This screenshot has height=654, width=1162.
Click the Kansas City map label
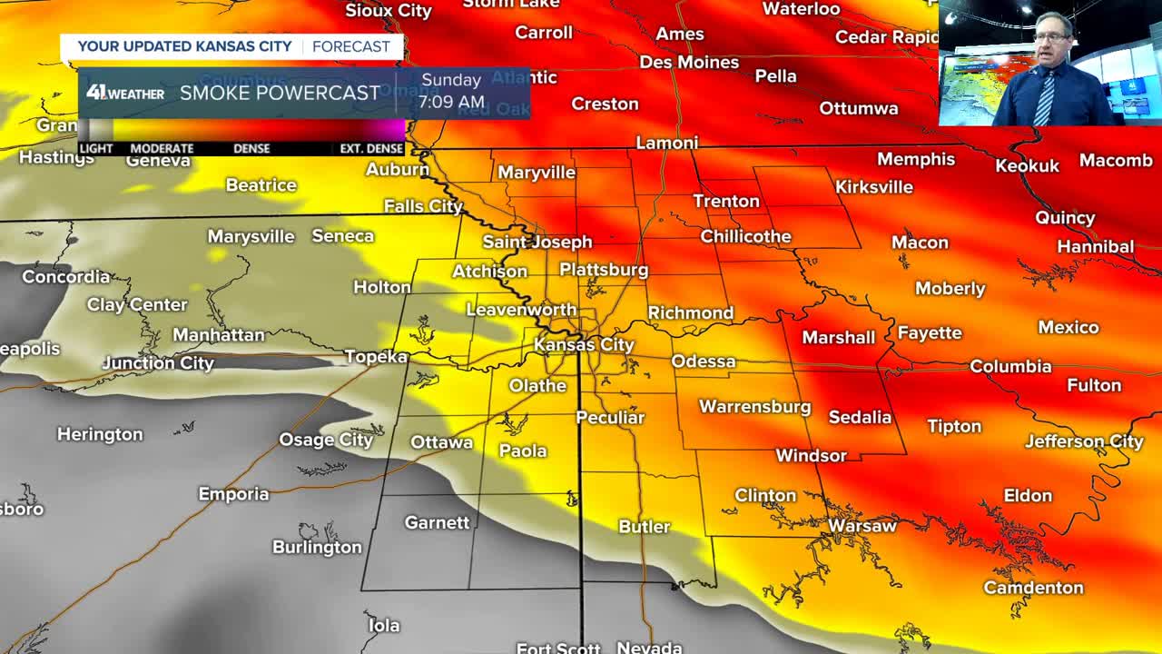click(x=584, y=344)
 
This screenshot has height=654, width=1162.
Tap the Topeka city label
click(x=376, y=357)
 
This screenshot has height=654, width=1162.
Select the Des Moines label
click(x=689, y=62)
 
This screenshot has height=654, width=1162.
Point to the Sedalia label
click(x=860, y=417)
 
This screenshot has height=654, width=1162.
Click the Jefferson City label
click(x=1084, y=441)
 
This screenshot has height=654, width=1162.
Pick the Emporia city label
click(x=234, y=494)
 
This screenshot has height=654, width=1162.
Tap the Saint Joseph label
click(x=537, y=242)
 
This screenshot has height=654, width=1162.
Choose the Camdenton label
click(x=1033, y=588)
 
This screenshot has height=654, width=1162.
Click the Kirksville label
click(x=873, y=186)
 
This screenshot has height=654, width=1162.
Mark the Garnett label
click(x=437, y=522)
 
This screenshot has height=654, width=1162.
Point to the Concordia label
click(x=65, y=276)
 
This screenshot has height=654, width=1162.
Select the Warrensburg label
click(x=754, y=406)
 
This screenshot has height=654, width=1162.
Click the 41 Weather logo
click(x=125, y=93)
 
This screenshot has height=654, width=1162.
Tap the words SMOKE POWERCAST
click(x=280, y=93)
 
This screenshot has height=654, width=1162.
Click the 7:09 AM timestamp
click(x=451, y=102)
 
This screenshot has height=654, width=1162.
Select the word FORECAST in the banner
click(x=350, y=46)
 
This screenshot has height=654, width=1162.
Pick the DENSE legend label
click(x=251, y=148)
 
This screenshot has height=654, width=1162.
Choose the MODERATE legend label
click(x=162, y=148)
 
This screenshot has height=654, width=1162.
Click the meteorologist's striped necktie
click(x=1045, y=96)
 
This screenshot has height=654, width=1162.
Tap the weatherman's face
click(x=1053, y=42)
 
